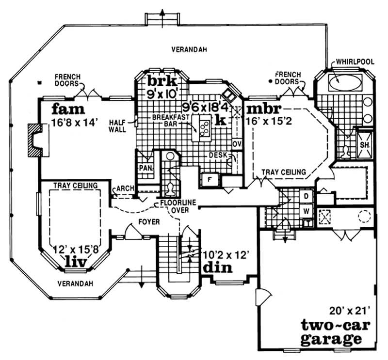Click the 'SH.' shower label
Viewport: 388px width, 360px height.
click(x=365, y=144)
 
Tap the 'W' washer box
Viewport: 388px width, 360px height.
click(x=306, y=211)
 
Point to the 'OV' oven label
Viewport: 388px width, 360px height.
click(x=237, y=144)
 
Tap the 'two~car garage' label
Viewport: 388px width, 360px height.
click(x=331, y=330)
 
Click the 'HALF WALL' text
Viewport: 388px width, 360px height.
click(x=117, y=126)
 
